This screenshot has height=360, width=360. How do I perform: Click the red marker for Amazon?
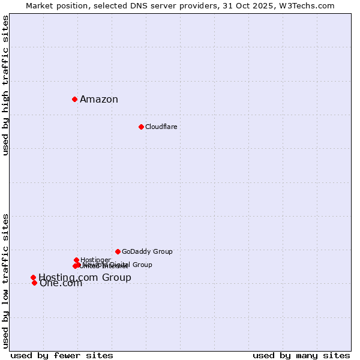coord(74,99)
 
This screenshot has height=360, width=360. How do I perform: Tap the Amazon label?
coord(99,100)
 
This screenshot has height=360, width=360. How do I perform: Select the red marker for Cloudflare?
coord(141,127)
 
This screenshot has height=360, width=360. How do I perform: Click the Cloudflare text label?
coord(161,127)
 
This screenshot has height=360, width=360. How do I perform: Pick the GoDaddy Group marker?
coord(118,251)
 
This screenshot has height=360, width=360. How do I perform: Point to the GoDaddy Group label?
coord(147,251)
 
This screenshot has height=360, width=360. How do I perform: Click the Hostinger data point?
coord(76,260)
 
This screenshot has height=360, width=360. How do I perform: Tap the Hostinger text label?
coord(96,259)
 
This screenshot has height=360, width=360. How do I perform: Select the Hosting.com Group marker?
coord(33,277)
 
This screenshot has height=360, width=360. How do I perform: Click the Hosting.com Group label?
coord(85,277)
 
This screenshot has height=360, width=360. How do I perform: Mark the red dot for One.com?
coord(34,283)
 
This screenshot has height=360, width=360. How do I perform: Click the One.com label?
coord(61,284)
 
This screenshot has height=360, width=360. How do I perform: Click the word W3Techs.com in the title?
coord(310,5)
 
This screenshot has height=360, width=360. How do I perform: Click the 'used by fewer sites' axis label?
coord(62,355)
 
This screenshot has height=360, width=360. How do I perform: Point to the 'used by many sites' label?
coord(301,355)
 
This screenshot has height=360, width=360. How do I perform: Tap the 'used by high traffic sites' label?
coord(5,85)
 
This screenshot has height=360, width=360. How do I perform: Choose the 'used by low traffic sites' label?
coord(5,281)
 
